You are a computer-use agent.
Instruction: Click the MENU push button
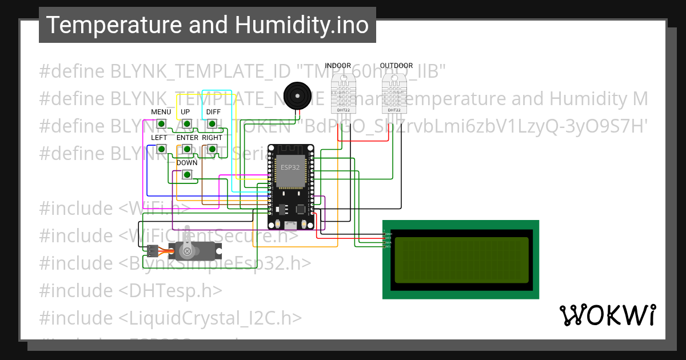[x=161, y=123]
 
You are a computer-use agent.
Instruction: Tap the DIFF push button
[x=212, y=123]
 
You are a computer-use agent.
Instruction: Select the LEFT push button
[x=161, y=149]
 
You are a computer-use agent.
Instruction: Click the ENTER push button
[x=186, y=149]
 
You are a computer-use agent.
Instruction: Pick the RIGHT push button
[x=212, y=149]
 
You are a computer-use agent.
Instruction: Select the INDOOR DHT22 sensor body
[x=343, y=91]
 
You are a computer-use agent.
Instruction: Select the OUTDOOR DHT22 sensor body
[x=394, y=91]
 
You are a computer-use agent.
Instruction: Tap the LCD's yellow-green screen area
[x=461, y=260]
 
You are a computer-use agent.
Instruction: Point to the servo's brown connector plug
[x=152, y=250]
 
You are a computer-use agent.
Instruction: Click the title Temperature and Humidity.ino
[x=207, y=25]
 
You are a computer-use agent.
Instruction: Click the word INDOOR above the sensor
[x=338, y=66]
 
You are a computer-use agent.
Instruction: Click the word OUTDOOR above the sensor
[x=396, y=66]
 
